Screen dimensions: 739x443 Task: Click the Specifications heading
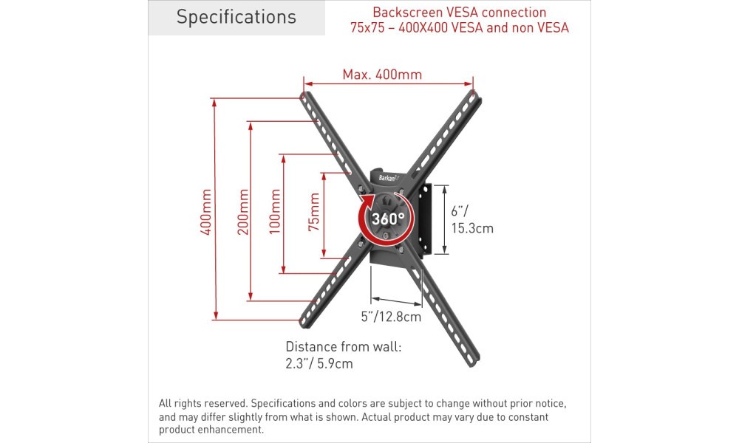(x=236, y=17)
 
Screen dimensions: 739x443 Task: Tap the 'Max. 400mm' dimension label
(x=382, y=75)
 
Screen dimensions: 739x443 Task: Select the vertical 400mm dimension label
(x=206, y=212)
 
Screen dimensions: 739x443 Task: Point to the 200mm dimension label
(x=242, y=212)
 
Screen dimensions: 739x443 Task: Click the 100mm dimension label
(x=275, y=212)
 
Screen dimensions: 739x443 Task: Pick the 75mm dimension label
(x=314, y=212)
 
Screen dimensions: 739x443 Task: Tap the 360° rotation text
(x=387, y=219)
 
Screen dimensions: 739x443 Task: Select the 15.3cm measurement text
(x=472, y=228)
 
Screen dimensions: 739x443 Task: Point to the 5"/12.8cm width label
(x=391, y=316)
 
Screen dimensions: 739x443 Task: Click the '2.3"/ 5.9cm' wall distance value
(x=319, y=363)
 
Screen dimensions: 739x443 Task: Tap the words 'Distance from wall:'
(x=344, y=347)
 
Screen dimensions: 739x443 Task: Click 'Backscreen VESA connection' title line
(x=460, y=13)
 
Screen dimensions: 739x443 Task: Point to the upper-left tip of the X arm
(x=302, y=95)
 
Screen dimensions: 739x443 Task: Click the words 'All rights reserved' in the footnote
(x=202, y=403)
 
